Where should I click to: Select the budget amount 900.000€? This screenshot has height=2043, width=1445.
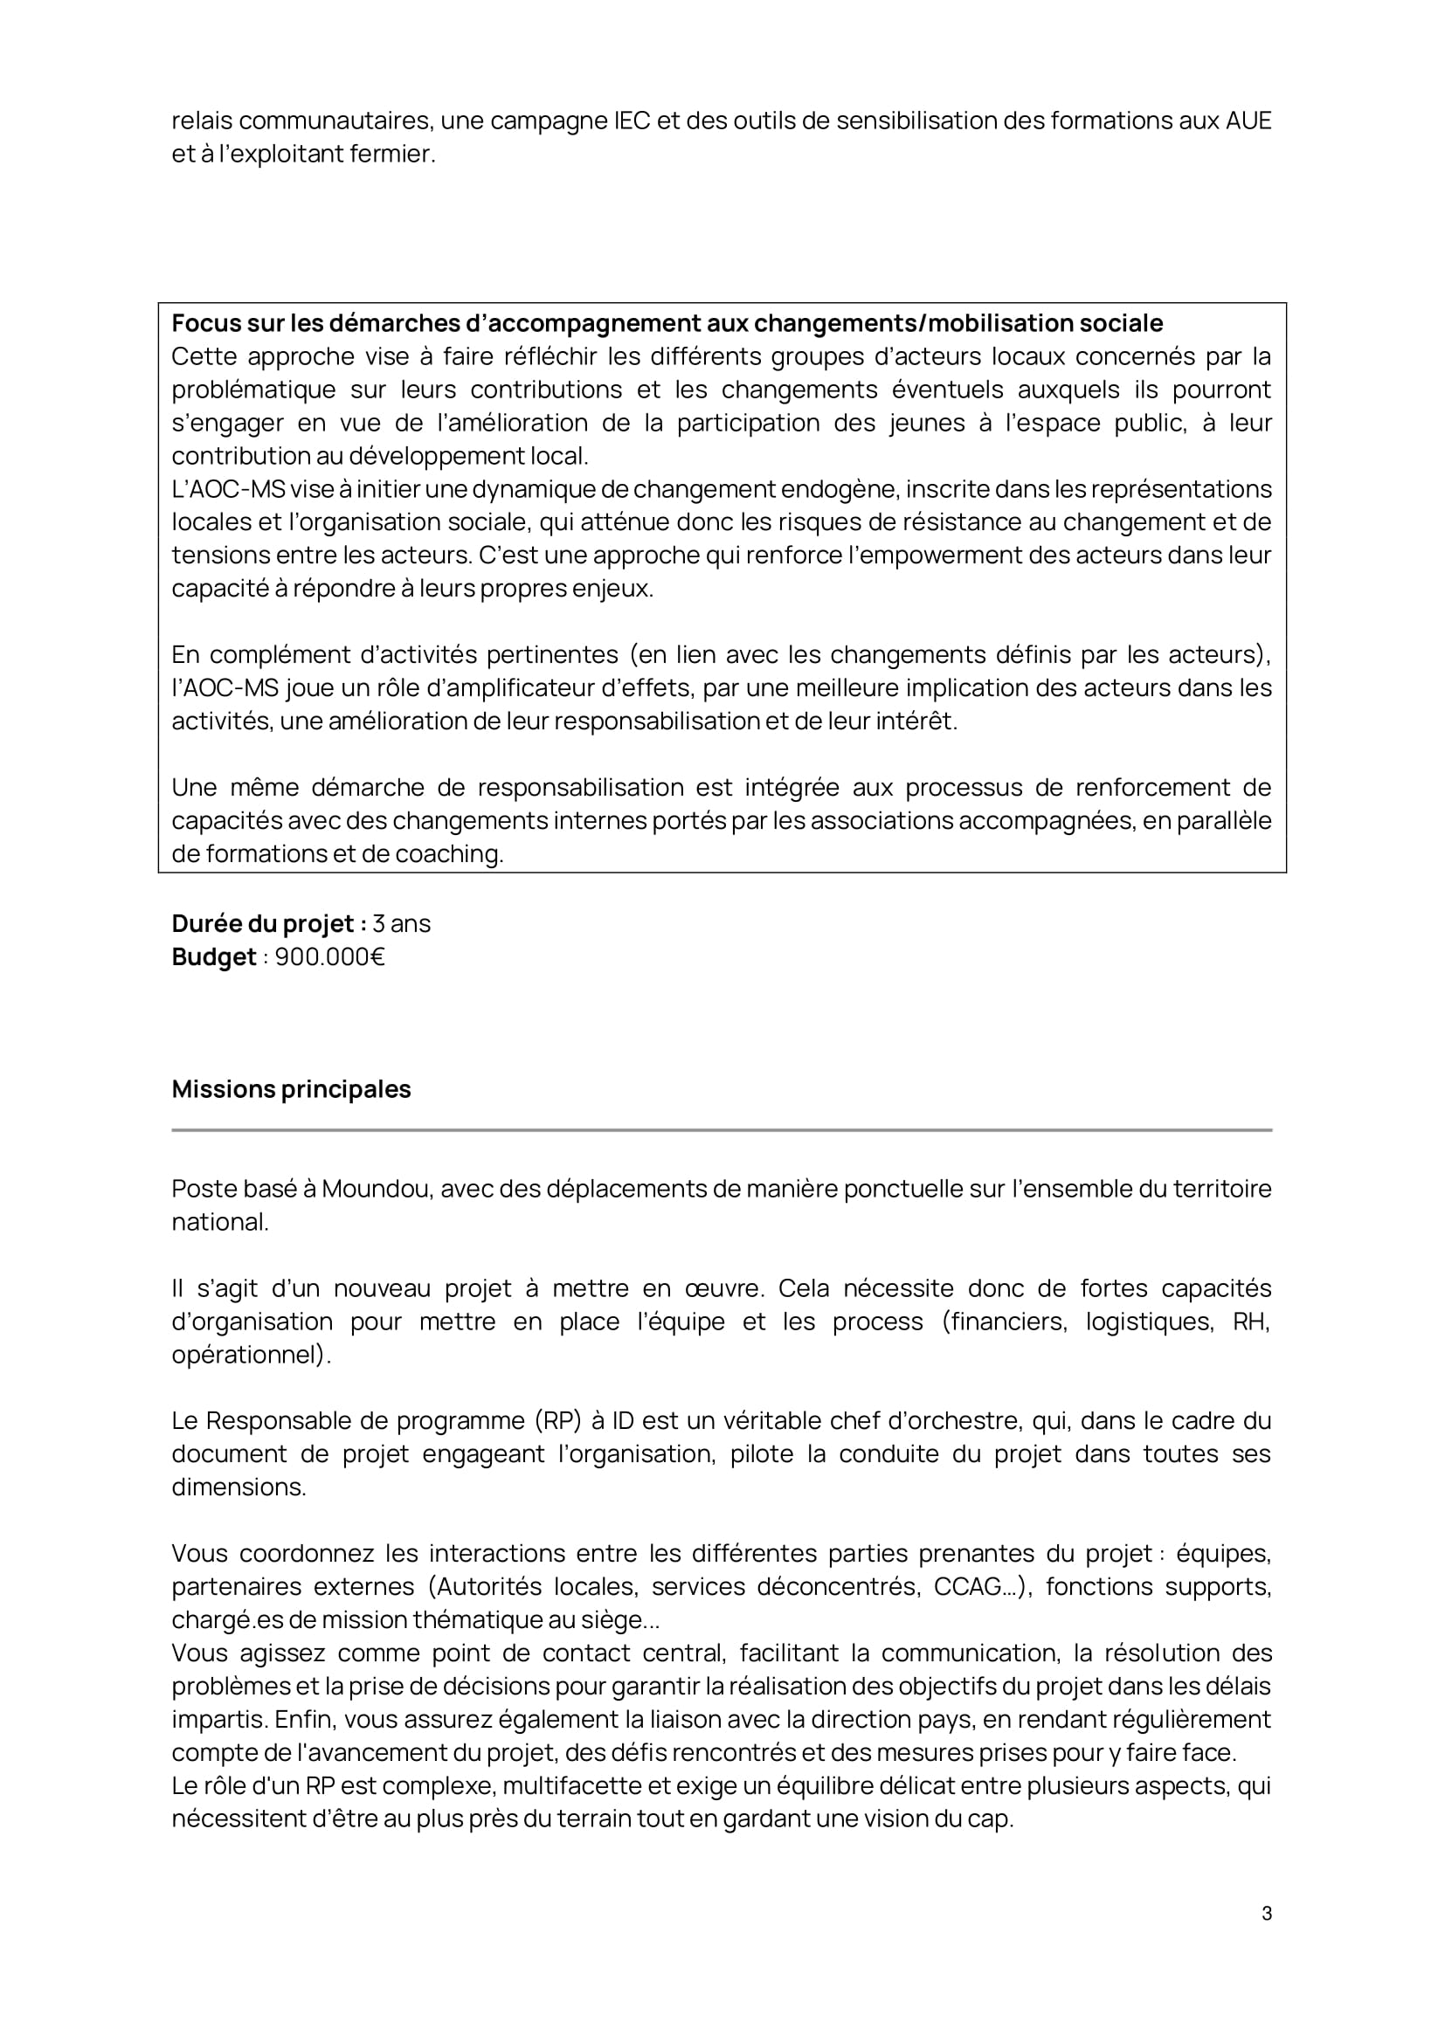[x=329, y=957]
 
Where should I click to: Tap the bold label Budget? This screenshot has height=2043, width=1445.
[x=213, y=957]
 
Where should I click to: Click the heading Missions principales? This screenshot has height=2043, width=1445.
[x=291, y=1089]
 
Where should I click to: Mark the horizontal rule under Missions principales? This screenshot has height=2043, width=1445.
[x=722, y=1130]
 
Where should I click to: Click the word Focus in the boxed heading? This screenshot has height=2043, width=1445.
[x=205, y=323]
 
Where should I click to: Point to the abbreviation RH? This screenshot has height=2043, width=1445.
[x=1251, y=1322]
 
